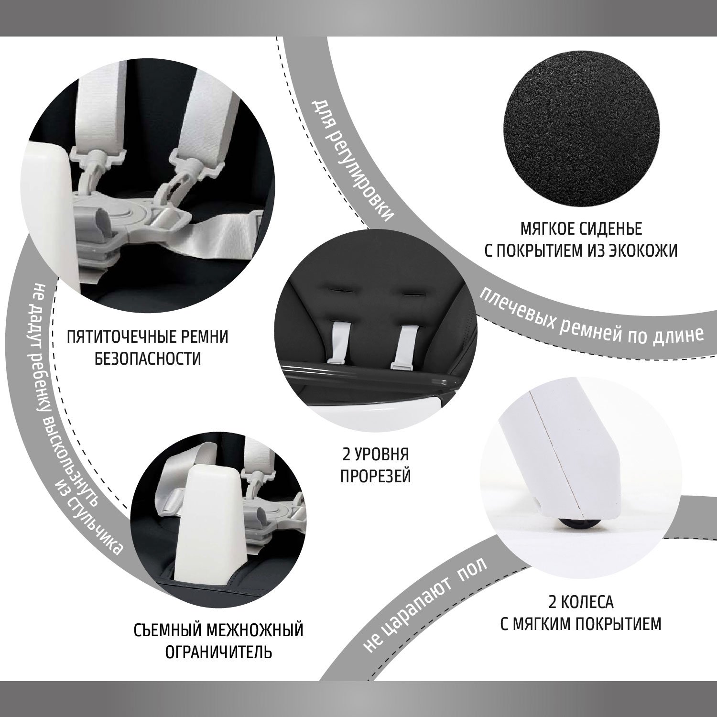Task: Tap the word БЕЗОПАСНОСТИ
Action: pos(148,358)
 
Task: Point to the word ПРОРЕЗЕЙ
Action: pos(375,475)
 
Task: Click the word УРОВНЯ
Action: pos(383,453)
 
